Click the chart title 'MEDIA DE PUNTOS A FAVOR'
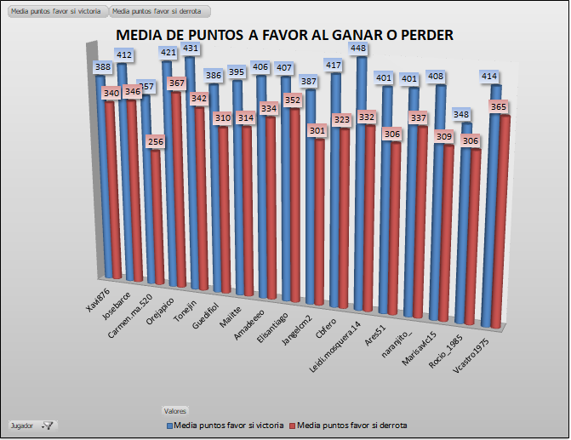[283, 35]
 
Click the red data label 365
[498, 107]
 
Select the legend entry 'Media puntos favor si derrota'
[349, 425]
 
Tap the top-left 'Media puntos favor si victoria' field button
[55, 12]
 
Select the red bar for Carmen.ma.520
[157, 213]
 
